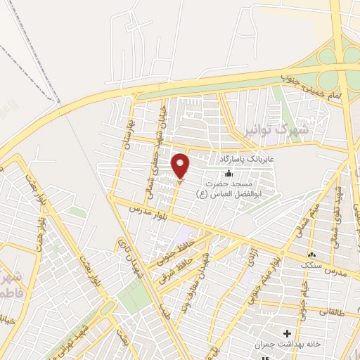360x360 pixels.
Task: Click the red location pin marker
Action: pos(181,165)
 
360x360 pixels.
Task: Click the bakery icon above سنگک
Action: pos(311,254)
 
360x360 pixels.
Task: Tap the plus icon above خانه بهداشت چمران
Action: pos(286,333)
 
